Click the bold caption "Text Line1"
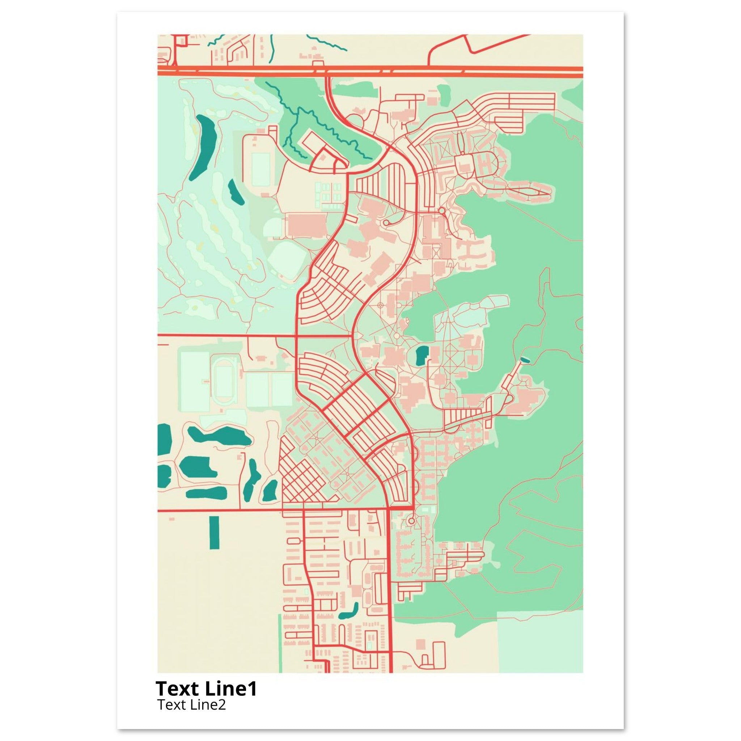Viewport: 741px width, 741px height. coord(206,689)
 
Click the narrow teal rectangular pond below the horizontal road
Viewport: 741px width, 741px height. coord(215,532)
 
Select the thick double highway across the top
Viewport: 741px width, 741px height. coord(370,70)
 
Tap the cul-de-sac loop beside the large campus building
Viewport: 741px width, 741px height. coord(386,223)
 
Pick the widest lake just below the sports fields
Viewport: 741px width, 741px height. coord(220,437)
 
